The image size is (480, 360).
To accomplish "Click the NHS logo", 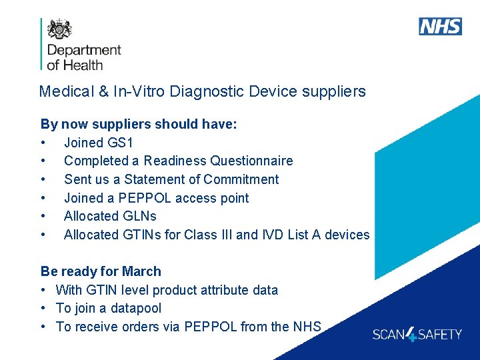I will [440, 27].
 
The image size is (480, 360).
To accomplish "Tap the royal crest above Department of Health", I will [59, 29].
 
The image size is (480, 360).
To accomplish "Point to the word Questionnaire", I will [251, 161].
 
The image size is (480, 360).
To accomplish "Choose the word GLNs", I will [139, 216].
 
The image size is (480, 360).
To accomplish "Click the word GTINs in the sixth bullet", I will [143, 235].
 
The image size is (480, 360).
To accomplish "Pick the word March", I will [141, 271].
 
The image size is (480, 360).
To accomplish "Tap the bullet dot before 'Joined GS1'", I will [43, 143].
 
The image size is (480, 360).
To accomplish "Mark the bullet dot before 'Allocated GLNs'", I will [43, 217].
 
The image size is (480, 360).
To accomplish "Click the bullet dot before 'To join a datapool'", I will [43, 309].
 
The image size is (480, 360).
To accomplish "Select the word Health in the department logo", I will [84, 65].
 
